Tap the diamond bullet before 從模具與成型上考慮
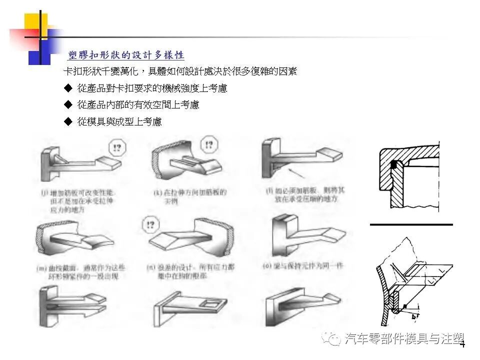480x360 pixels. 68,121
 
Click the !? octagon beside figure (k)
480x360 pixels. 208,145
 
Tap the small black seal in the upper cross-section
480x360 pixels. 394,163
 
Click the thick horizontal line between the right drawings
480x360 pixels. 411,225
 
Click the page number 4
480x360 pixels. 462,344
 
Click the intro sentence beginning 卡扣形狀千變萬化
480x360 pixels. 180,71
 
